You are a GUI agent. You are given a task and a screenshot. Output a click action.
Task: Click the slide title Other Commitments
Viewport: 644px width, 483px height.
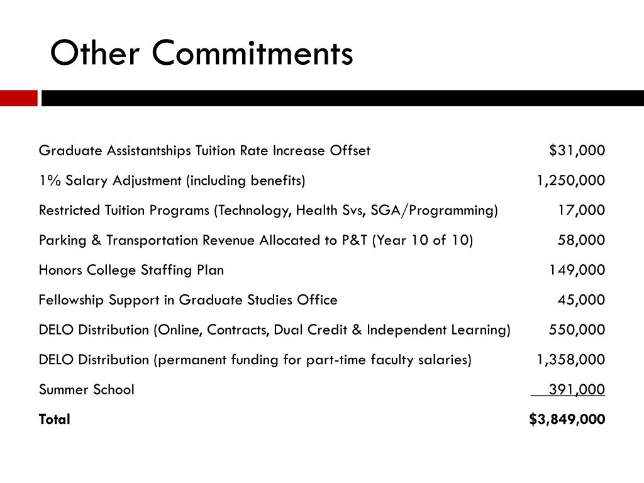201,53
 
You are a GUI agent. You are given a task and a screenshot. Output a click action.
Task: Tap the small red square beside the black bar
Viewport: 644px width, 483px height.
18,98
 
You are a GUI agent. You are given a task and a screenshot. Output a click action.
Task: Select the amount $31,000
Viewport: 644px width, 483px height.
577,150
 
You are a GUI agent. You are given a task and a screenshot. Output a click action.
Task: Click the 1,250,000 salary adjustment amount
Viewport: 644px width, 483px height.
570,180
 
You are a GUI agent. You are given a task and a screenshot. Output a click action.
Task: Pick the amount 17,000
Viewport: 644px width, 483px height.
581,210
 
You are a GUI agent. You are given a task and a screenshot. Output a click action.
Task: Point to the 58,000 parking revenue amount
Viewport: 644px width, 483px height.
581,240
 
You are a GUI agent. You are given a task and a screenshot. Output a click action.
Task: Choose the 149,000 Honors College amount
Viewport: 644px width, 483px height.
577,270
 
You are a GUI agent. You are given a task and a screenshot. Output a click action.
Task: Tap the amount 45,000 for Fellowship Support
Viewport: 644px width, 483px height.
581,300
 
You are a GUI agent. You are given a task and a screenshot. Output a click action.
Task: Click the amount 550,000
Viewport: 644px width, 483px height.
577,330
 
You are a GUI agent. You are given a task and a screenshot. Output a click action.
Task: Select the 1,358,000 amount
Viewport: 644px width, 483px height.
570,360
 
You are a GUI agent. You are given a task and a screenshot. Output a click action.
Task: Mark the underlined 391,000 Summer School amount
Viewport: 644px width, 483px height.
577,389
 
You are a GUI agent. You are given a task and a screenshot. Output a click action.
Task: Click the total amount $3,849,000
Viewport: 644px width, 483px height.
567,419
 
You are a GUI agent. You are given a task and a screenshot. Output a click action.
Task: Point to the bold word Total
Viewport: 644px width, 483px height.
55,419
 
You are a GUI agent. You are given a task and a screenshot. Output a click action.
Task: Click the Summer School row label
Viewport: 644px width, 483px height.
86,389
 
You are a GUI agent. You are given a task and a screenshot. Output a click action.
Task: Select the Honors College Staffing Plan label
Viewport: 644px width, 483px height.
131,270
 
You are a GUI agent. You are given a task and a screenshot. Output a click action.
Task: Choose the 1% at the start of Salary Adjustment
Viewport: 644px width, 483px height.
48,180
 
